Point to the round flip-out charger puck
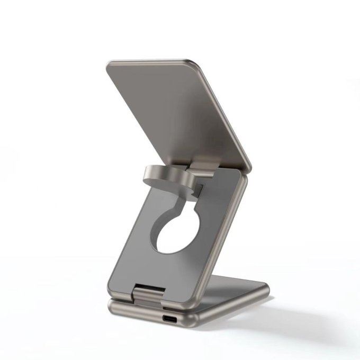tap(159, 177)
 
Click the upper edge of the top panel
tap(154, 60)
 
